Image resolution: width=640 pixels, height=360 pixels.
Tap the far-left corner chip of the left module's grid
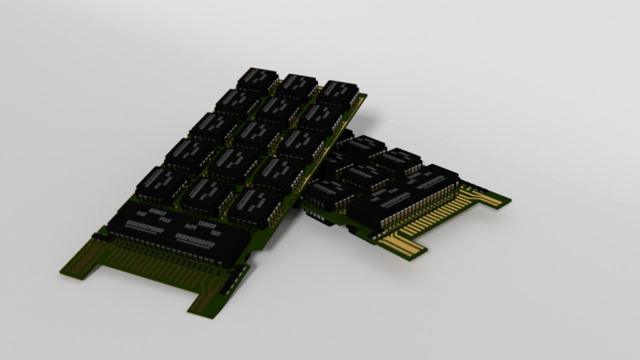pyautogui.click(x=257, y=80)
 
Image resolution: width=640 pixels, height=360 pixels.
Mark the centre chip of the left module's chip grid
pyautogui.click(x=256, y=137)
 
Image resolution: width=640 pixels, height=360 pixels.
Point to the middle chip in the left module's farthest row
pyautogui.click(x=297, y=87)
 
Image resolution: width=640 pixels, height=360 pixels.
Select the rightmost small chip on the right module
pyautogui.click(x=399, y=160)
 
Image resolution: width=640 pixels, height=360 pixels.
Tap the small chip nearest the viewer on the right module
pyautogui.click(x=329, y=193)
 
